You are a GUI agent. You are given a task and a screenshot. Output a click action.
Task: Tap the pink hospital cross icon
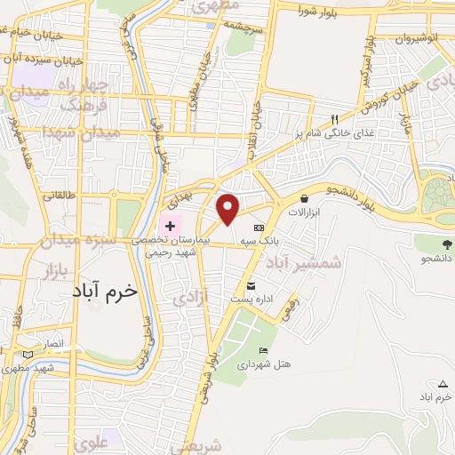coord(170,227)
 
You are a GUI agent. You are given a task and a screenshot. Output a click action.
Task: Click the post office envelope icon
coord(251,285)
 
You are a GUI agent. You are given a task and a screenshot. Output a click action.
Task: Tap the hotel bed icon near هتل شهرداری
coord(261,349)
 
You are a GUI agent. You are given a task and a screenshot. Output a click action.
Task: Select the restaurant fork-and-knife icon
coord(335,118)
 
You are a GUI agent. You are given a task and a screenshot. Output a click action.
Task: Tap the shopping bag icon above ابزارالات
coord(306,199)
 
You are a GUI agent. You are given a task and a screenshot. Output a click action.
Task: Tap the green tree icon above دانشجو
coord(445,242)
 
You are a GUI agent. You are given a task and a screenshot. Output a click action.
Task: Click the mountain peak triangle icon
coord(443,384)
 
